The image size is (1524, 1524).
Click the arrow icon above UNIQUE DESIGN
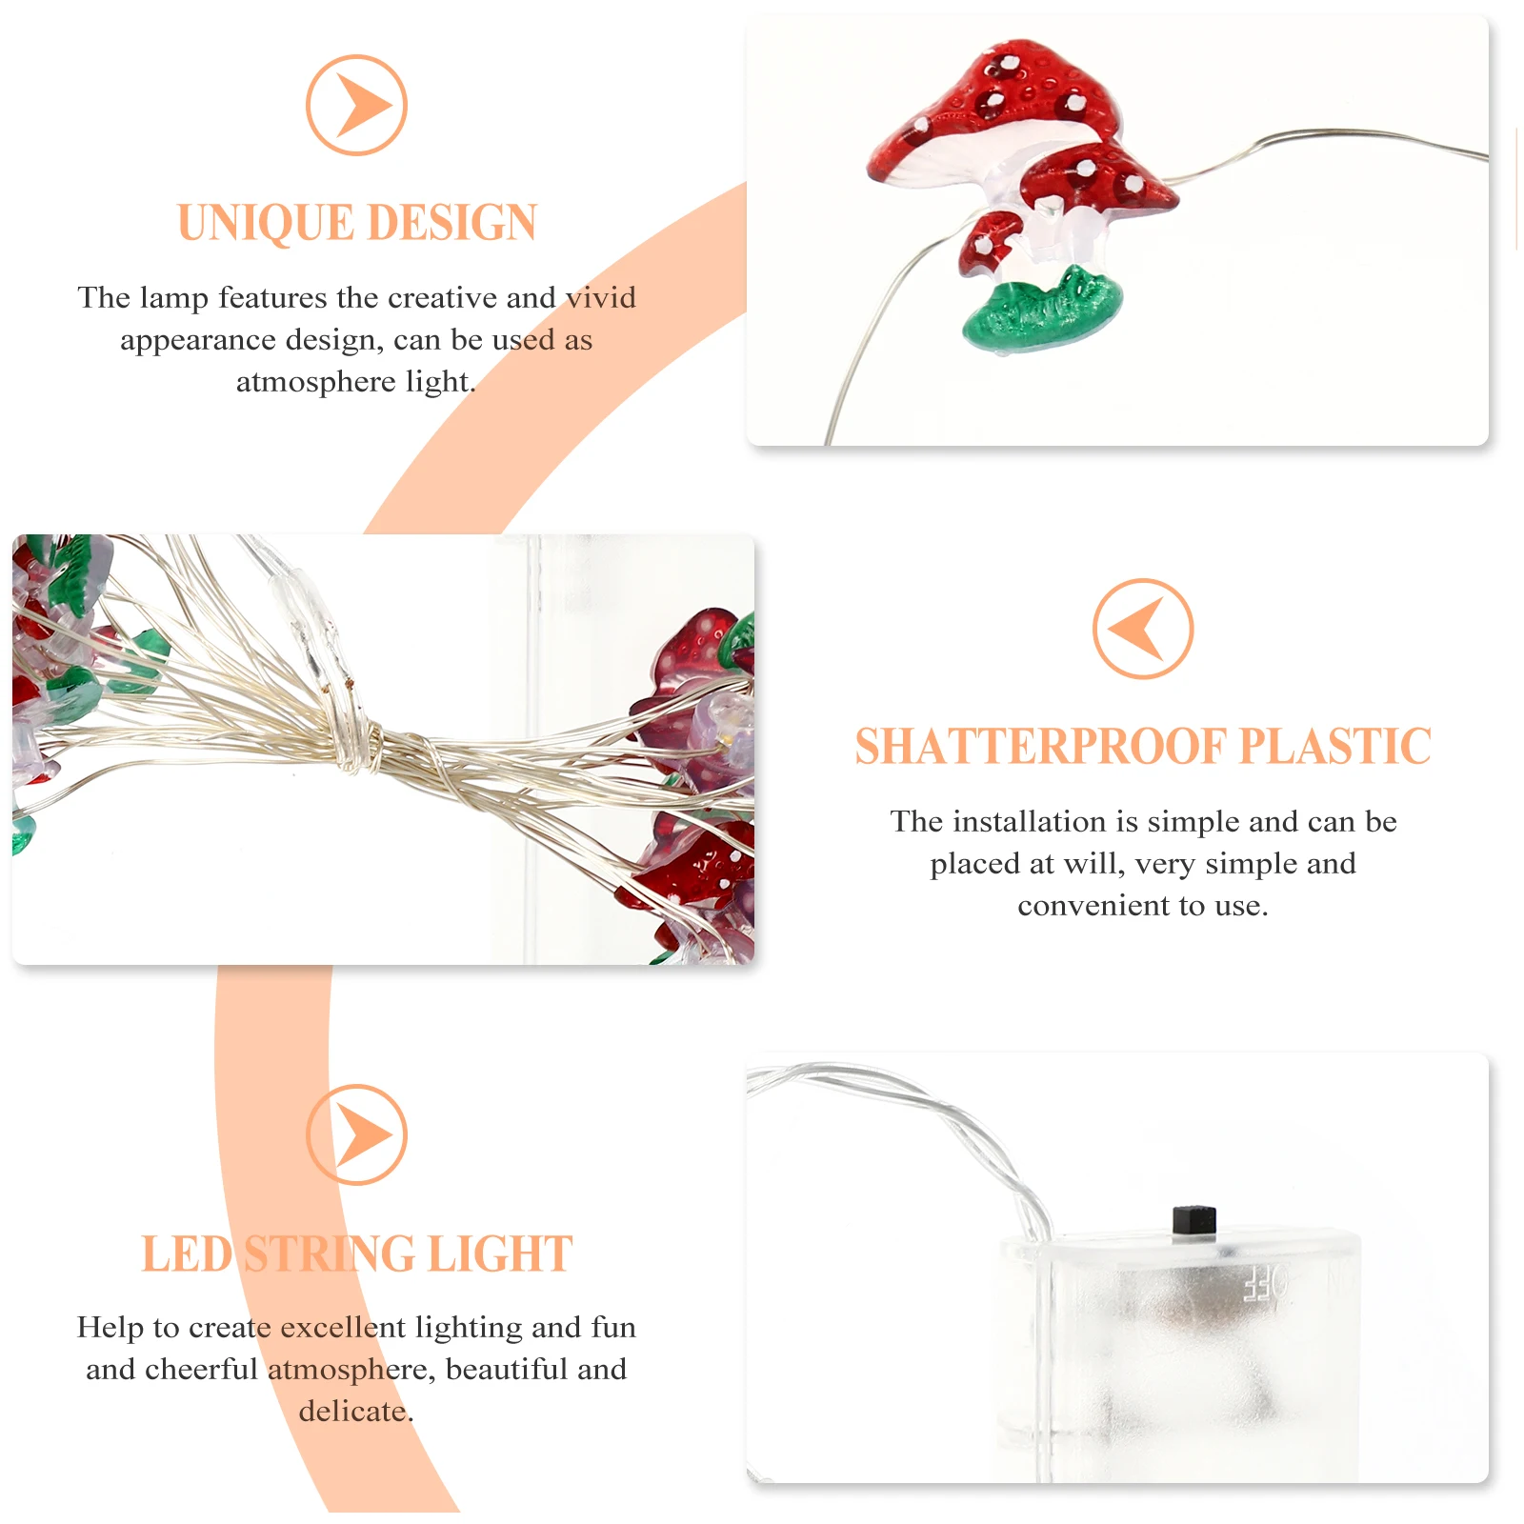point(356,105)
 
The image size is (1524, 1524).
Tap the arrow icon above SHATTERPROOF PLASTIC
point(1142,629)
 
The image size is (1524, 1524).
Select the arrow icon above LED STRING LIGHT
point(356,1134)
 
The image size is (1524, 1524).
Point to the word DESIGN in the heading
point(451,223)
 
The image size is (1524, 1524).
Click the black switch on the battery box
point(1193,1222)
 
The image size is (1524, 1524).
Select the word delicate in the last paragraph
point(355,1411)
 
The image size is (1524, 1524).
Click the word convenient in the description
point(1083,905)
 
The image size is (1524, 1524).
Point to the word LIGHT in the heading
point(500,1254)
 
